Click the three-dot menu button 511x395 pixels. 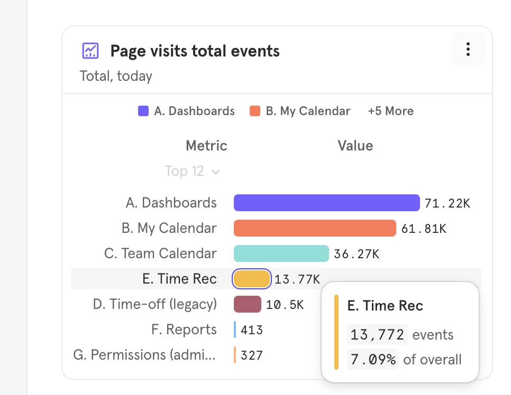[468, 49]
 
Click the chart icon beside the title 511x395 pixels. [90, 51]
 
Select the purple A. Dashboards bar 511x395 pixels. [326, 203]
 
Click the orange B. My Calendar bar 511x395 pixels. [315, 228]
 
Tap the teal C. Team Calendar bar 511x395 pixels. [281, 253]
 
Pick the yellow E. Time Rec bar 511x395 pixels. [252, 279]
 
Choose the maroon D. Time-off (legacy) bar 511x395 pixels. [248, 304]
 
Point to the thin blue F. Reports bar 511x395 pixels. [235, 330]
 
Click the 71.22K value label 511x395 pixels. [447, 203]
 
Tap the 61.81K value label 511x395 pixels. [424, 229]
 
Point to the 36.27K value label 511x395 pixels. [357, 254]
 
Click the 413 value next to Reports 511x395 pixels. [252, 330]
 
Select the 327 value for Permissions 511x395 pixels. [252, 355]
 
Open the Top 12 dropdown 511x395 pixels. [192, 171]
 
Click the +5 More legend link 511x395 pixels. [391, 111]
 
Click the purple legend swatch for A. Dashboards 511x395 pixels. [143, 111]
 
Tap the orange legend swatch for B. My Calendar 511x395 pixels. [255, 111]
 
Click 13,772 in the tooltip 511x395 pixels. [377, 335]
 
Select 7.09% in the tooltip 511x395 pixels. [373, 360]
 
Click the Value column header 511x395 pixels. [355, 146]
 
